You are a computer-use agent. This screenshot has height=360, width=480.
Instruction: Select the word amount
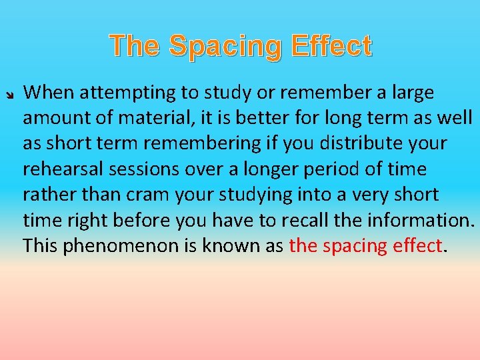coord(54,117)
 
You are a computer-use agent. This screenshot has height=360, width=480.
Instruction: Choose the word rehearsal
coord(57,169)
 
